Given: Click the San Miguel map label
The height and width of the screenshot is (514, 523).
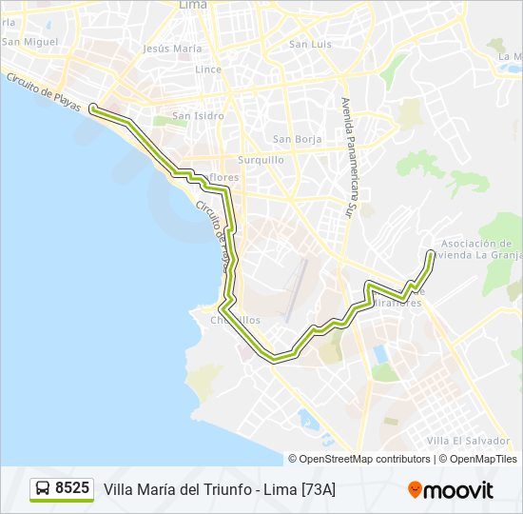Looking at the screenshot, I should [30, 42].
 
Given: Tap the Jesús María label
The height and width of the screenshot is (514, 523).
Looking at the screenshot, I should [172, 48].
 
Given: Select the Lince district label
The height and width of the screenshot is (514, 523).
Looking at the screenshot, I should [207, 69].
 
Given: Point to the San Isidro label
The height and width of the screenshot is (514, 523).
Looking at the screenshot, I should [198, 116].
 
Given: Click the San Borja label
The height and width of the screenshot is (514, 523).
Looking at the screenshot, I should [297, 139].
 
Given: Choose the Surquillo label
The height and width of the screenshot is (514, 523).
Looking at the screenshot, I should [261, 160].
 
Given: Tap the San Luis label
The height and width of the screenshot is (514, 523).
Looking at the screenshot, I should [310, 44].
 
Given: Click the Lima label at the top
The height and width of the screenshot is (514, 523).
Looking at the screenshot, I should [193, 6].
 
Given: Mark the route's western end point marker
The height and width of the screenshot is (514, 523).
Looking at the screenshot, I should [93, 109].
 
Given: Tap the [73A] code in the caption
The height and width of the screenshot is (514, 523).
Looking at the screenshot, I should [318, 489].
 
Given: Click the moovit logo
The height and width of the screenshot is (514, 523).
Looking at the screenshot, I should [451, 490].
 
